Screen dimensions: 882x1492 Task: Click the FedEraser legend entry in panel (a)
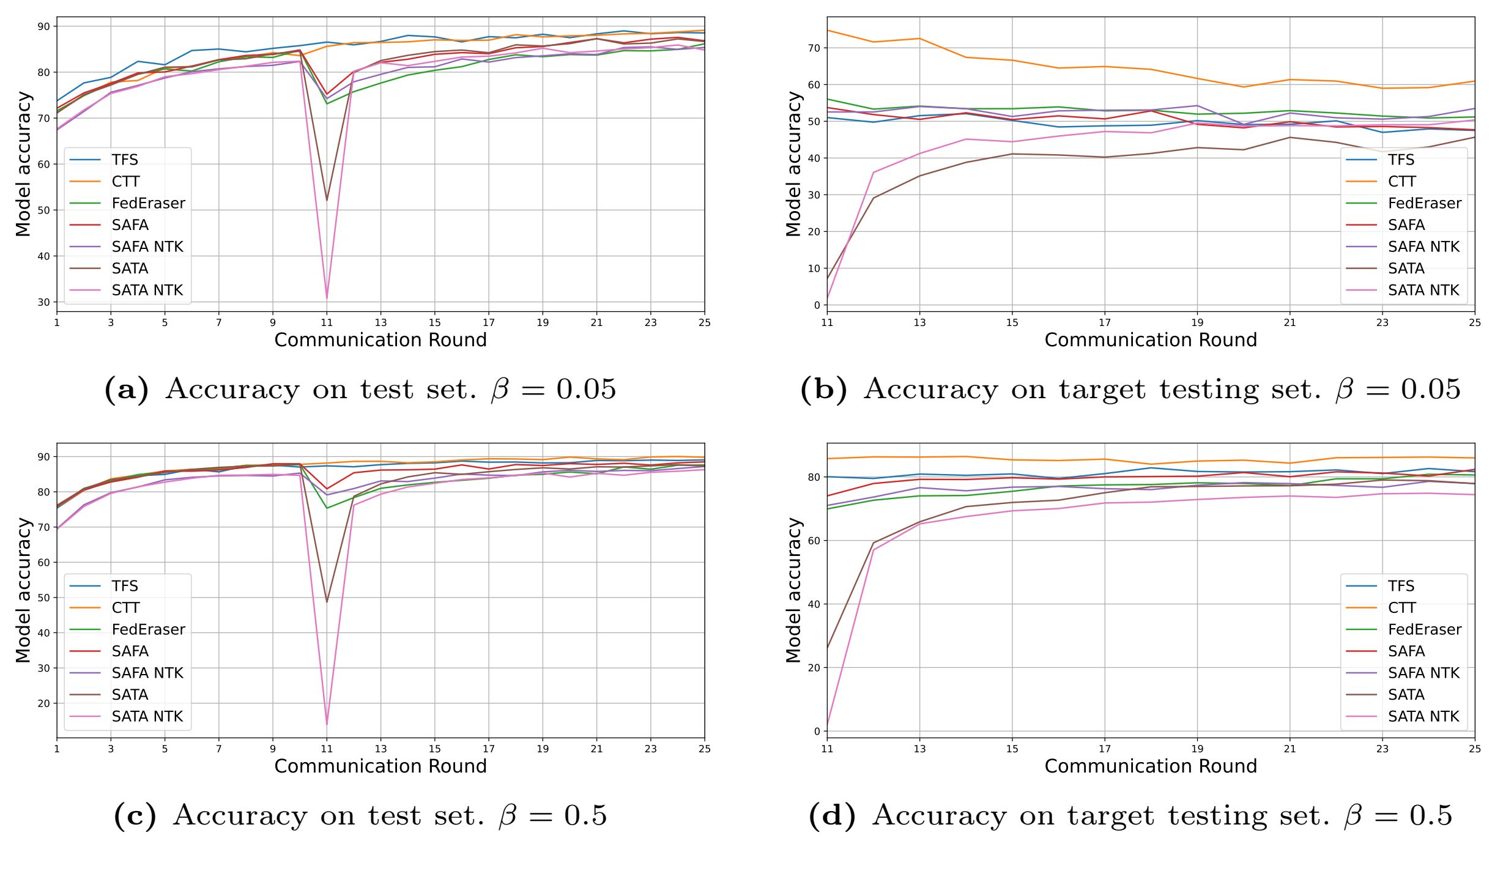pos(148,203)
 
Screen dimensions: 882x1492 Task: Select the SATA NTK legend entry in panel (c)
pos(147,716)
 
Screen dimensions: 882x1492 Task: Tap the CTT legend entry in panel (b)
pos(1401,182)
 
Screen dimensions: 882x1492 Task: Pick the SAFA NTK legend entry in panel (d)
pos(1423,673)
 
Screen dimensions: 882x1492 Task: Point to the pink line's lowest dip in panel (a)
pos(327,298)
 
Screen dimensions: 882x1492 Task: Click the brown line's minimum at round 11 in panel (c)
pos(327,602)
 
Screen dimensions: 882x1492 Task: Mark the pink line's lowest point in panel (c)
pos(327,725)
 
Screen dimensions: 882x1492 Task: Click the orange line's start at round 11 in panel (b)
pos(827,30)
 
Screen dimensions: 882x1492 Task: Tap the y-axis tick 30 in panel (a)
pos(43,302)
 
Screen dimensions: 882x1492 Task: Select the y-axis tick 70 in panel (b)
pos(814,48)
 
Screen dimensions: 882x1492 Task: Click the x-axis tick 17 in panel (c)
pos(488,749)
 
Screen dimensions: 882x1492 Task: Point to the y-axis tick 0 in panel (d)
pos(817,731)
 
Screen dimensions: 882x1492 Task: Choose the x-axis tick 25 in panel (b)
pos(1475,322)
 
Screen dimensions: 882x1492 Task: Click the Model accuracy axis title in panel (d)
pos(793,590)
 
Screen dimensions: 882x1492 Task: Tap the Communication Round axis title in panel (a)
pos(380,340)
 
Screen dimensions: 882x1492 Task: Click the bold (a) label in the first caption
pos(127,389)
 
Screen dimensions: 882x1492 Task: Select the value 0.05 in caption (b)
pos(1430,389)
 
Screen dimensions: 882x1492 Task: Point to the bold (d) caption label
pos(832,815)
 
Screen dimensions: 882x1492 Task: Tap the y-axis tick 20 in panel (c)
pos(43,703)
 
